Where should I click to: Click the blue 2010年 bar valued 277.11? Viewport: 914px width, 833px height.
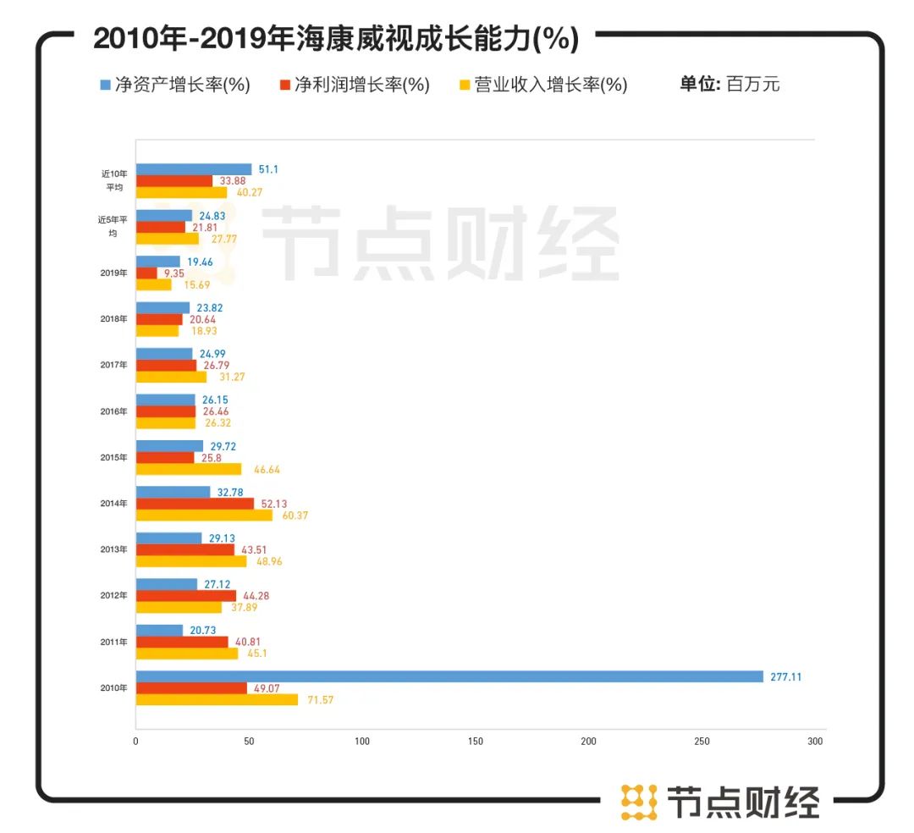pyautogui.click(x=449, y=676)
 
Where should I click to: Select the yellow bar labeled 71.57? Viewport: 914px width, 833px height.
pyautogui.click(x=217, y=699)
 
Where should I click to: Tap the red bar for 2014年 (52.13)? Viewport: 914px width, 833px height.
pyautogui.click(x=195, y=504)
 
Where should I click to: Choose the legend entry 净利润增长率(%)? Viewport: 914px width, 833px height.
pyautogui.click(x=355, y=85)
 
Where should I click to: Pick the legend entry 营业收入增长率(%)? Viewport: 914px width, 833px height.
pyautogui.click(x=542, y=85)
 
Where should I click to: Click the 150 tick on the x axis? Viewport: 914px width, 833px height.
pyautogui.click(x=476, y=742)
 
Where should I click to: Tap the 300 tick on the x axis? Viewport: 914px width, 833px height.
pyautogui.click(x=815, y=742)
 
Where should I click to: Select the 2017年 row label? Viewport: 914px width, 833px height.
pyautogui.click(x=114, y=365)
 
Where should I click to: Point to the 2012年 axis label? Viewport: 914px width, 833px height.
pyautogui.click(x=114, y=595)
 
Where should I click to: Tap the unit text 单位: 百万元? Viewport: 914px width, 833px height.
pyautogui.click(x=730, y=84)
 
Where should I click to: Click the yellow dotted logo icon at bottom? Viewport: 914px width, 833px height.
pyautogui.click(x=639, y=802)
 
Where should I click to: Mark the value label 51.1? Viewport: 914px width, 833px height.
pyautogui.click(x=268, y=169)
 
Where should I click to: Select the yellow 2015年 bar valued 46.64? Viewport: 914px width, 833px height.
pyautogui.click(x=189, y=469)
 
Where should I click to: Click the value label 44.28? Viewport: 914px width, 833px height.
pyautogui.click(x=256, y=596)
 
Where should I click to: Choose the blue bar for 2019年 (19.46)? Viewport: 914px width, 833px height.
pyautogui.click(x=158, y=262)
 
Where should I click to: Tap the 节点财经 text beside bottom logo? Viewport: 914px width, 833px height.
pyautogui.click(x=744, y=802)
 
